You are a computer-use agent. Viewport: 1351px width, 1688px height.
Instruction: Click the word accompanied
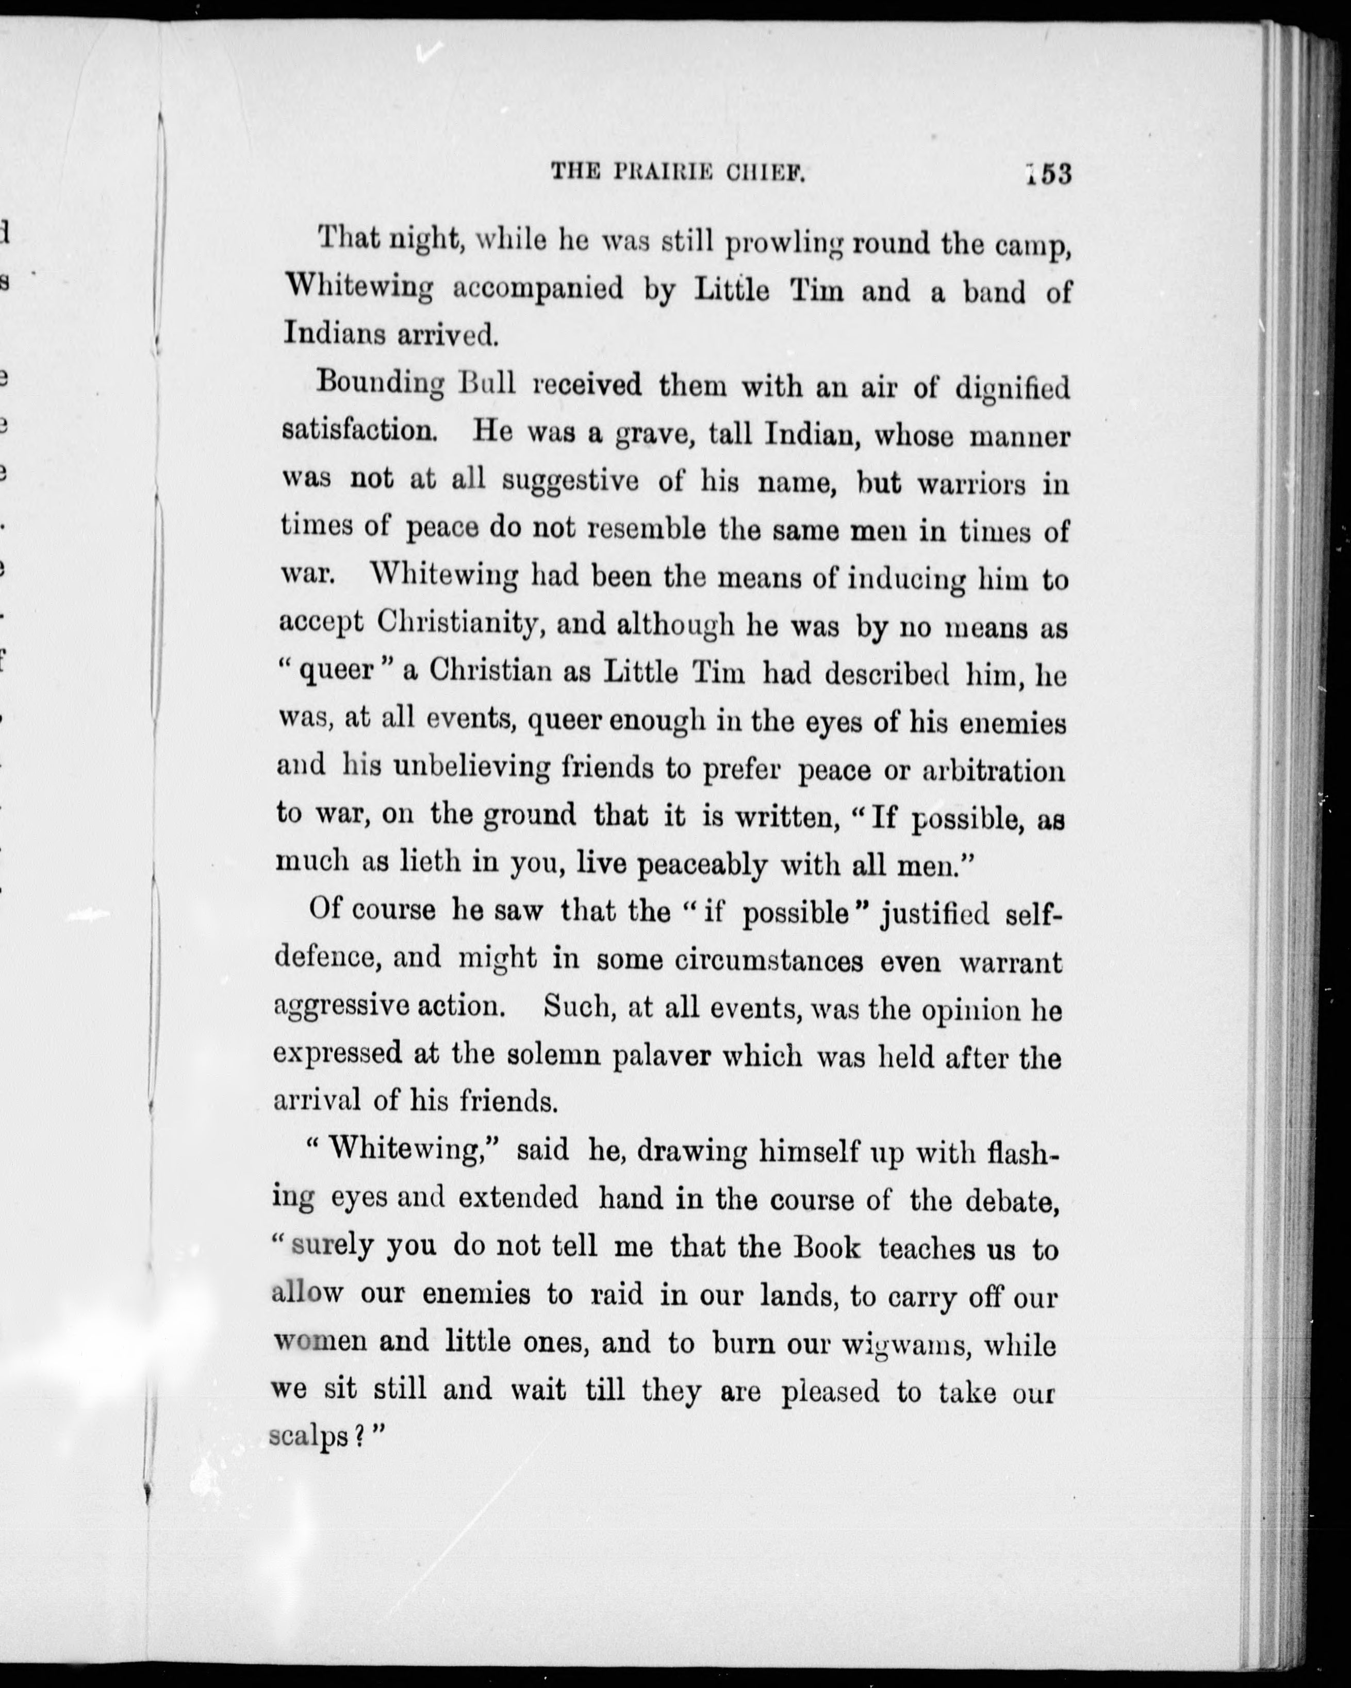[x=538, y=290]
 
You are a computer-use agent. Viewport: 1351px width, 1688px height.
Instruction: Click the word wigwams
[x=905, y=1344]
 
